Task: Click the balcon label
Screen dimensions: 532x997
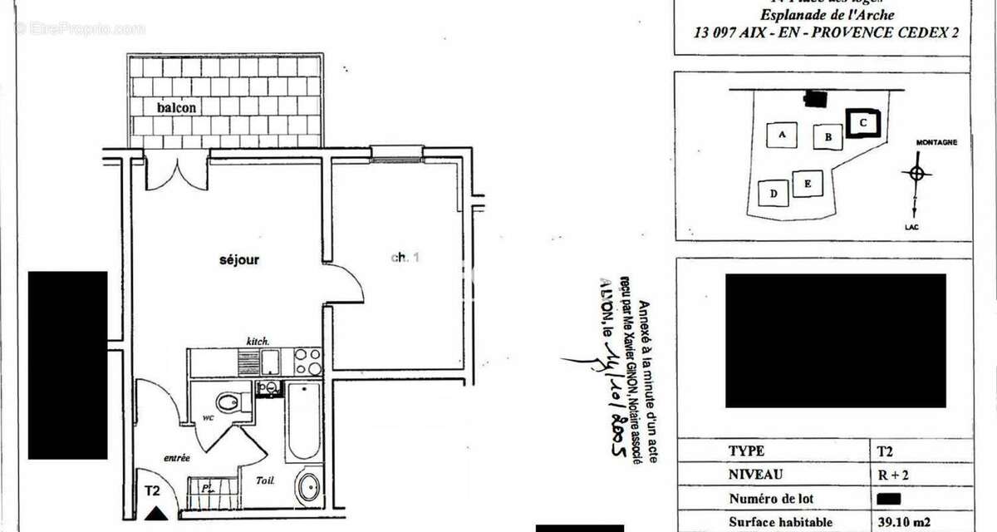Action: click(177, 108)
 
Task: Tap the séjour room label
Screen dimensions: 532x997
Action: click(239, 260)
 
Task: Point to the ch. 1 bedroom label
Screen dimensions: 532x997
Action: click(405, 258)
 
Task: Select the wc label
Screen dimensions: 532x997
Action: click(209, 418)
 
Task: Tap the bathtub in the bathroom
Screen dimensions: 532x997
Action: click(302, 421)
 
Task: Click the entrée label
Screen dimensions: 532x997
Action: click(177, 457)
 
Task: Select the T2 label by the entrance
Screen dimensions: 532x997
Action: click(152, 490)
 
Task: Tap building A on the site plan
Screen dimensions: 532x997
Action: click(782, 133)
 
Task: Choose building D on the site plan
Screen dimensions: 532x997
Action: click(774, 195)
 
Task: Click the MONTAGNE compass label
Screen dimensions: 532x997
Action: click(936, 142)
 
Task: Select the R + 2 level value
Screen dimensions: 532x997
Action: click(890, 475)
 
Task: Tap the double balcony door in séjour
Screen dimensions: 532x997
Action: click(176, 170)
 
